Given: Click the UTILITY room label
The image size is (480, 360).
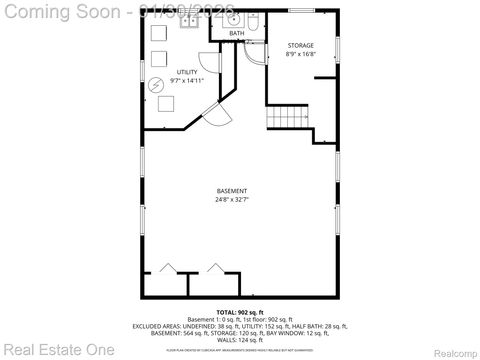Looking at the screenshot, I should tap(187, 71).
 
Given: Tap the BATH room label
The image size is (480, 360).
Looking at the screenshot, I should tap(236, 33).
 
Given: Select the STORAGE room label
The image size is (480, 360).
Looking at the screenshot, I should tap(301, 46).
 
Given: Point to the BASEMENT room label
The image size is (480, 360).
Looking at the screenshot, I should tap(231, 191).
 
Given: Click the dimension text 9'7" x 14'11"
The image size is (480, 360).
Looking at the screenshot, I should tap(187, 80).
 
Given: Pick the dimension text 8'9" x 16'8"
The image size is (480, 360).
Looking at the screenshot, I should tap(301, 55).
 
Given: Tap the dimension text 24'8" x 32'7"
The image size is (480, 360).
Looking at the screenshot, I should tap(231, 200).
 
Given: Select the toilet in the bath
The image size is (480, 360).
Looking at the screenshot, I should tap(254, 21).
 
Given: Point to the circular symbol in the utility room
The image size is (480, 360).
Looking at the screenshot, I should tap(155, 86).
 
